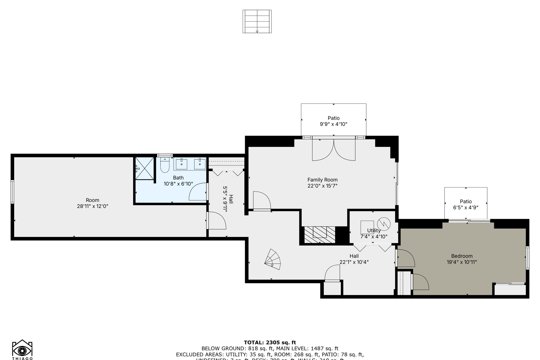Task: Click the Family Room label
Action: click(322, 180)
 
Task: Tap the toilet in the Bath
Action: click(165, 165)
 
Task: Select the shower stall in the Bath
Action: click(144, 168)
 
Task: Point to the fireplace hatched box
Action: click(319, 235)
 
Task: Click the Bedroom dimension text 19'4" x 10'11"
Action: click(462, 262)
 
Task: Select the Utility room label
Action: click(373, 230)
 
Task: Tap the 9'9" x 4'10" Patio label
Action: click(333, 124)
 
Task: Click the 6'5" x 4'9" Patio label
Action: click(466, 207)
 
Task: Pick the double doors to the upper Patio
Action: click(334, 149)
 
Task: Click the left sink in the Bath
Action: click(181, 164)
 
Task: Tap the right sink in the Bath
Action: click(200, 164)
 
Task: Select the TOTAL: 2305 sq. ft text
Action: click(270, 342)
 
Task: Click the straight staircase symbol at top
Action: click(257, 21)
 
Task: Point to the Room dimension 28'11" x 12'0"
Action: click(92, 206)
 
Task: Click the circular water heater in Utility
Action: click(384, 223)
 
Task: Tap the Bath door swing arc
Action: click(197, 193)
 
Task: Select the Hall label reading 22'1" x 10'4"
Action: click(354, 262)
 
